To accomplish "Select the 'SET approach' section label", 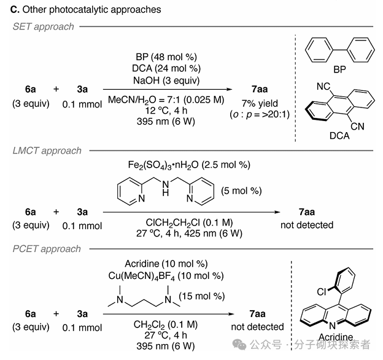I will click(x=43, y=26).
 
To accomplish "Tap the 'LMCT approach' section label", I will click(x=47, y=151).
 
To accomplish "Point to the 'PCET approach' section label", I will click(x=47, y=249).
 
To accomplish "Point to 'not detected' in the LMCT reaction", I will click(x=307, y=225).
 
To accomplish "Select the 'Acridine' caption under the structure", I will click(x=336, y=337).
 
